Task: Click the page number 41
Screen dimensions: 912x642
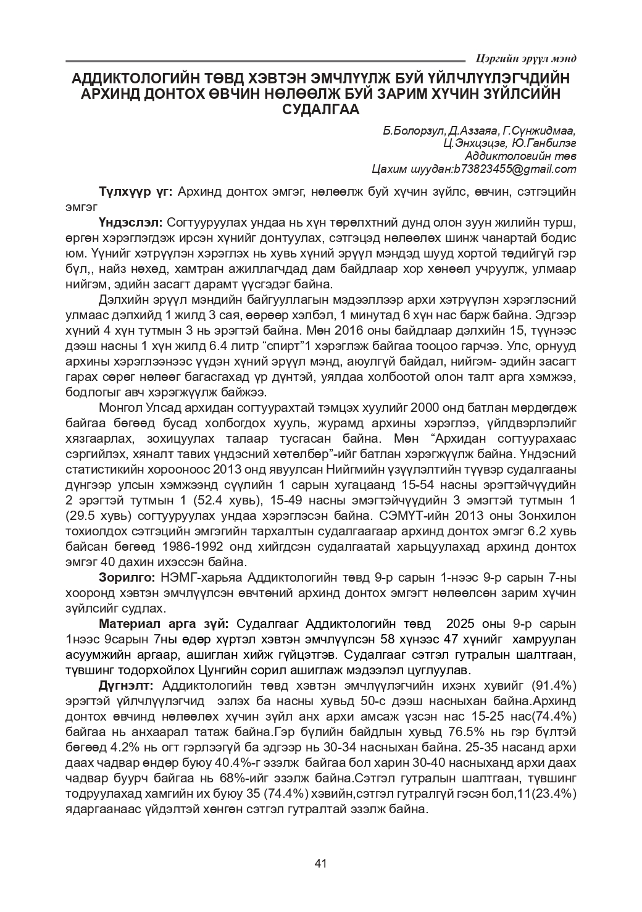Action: pyautogui.click(x=320, y=863)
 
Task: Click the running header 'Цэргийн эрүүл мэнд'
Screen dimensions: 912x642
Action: pyautogui.click(x=527, y=59)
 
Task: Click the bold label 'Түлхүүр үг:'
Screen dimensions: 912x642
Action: pyautogui.click(x=135, y=191)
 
